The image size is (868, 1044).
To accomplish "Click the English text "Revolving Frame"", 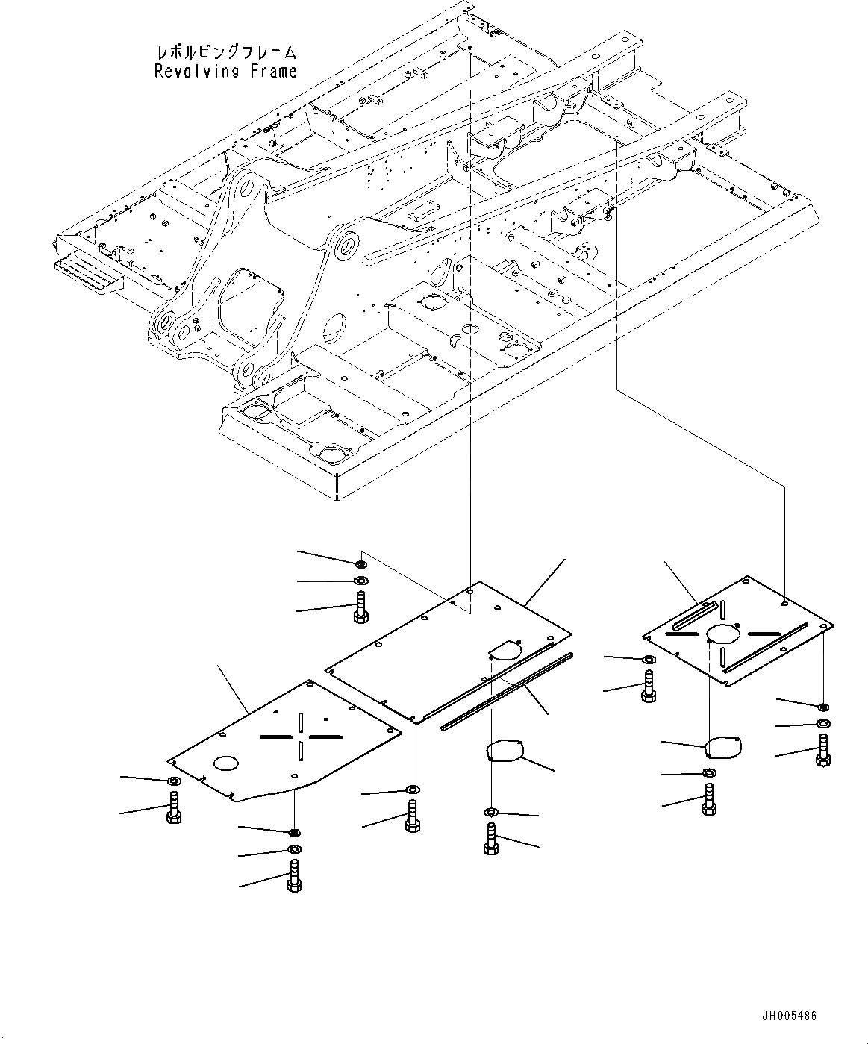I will point(225,72).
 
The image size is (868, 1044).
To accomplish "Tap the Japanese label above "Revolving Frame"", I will point(225,52).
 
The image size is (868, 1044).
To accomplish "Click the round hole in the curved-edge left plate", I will point(225,763).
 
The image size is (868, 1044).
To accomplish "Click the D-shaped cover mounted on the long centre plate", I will point(504,650).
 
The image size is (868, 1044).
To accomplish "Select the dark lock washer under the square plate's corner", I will point(822,706).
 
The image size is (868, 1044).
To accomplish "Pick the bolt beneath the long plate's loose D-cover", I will point(491,840).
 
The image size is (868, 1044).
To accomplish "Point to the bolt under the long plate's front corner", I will point(410,816).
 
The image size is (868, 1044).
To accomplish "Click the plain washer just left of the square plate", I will point(647,660).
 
